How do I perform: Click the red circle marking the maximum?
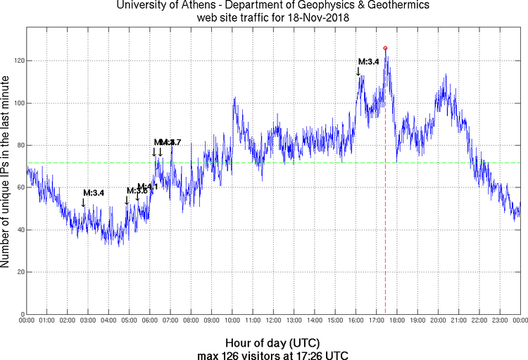point(385,48)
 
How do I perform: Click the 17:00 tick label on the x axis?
point(375,321)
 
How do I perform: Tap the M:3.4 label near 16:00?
point(369,61)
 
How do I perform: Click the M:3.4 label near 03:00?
point(94,192)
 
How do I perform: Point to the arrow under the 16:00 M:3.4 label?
point(358,70)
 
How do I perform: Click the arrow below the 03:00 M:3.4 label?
point(83,203)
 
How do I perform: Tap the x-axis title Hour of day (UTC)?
point(272,342)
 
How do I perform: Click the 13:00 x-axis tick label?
point(294,321)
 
